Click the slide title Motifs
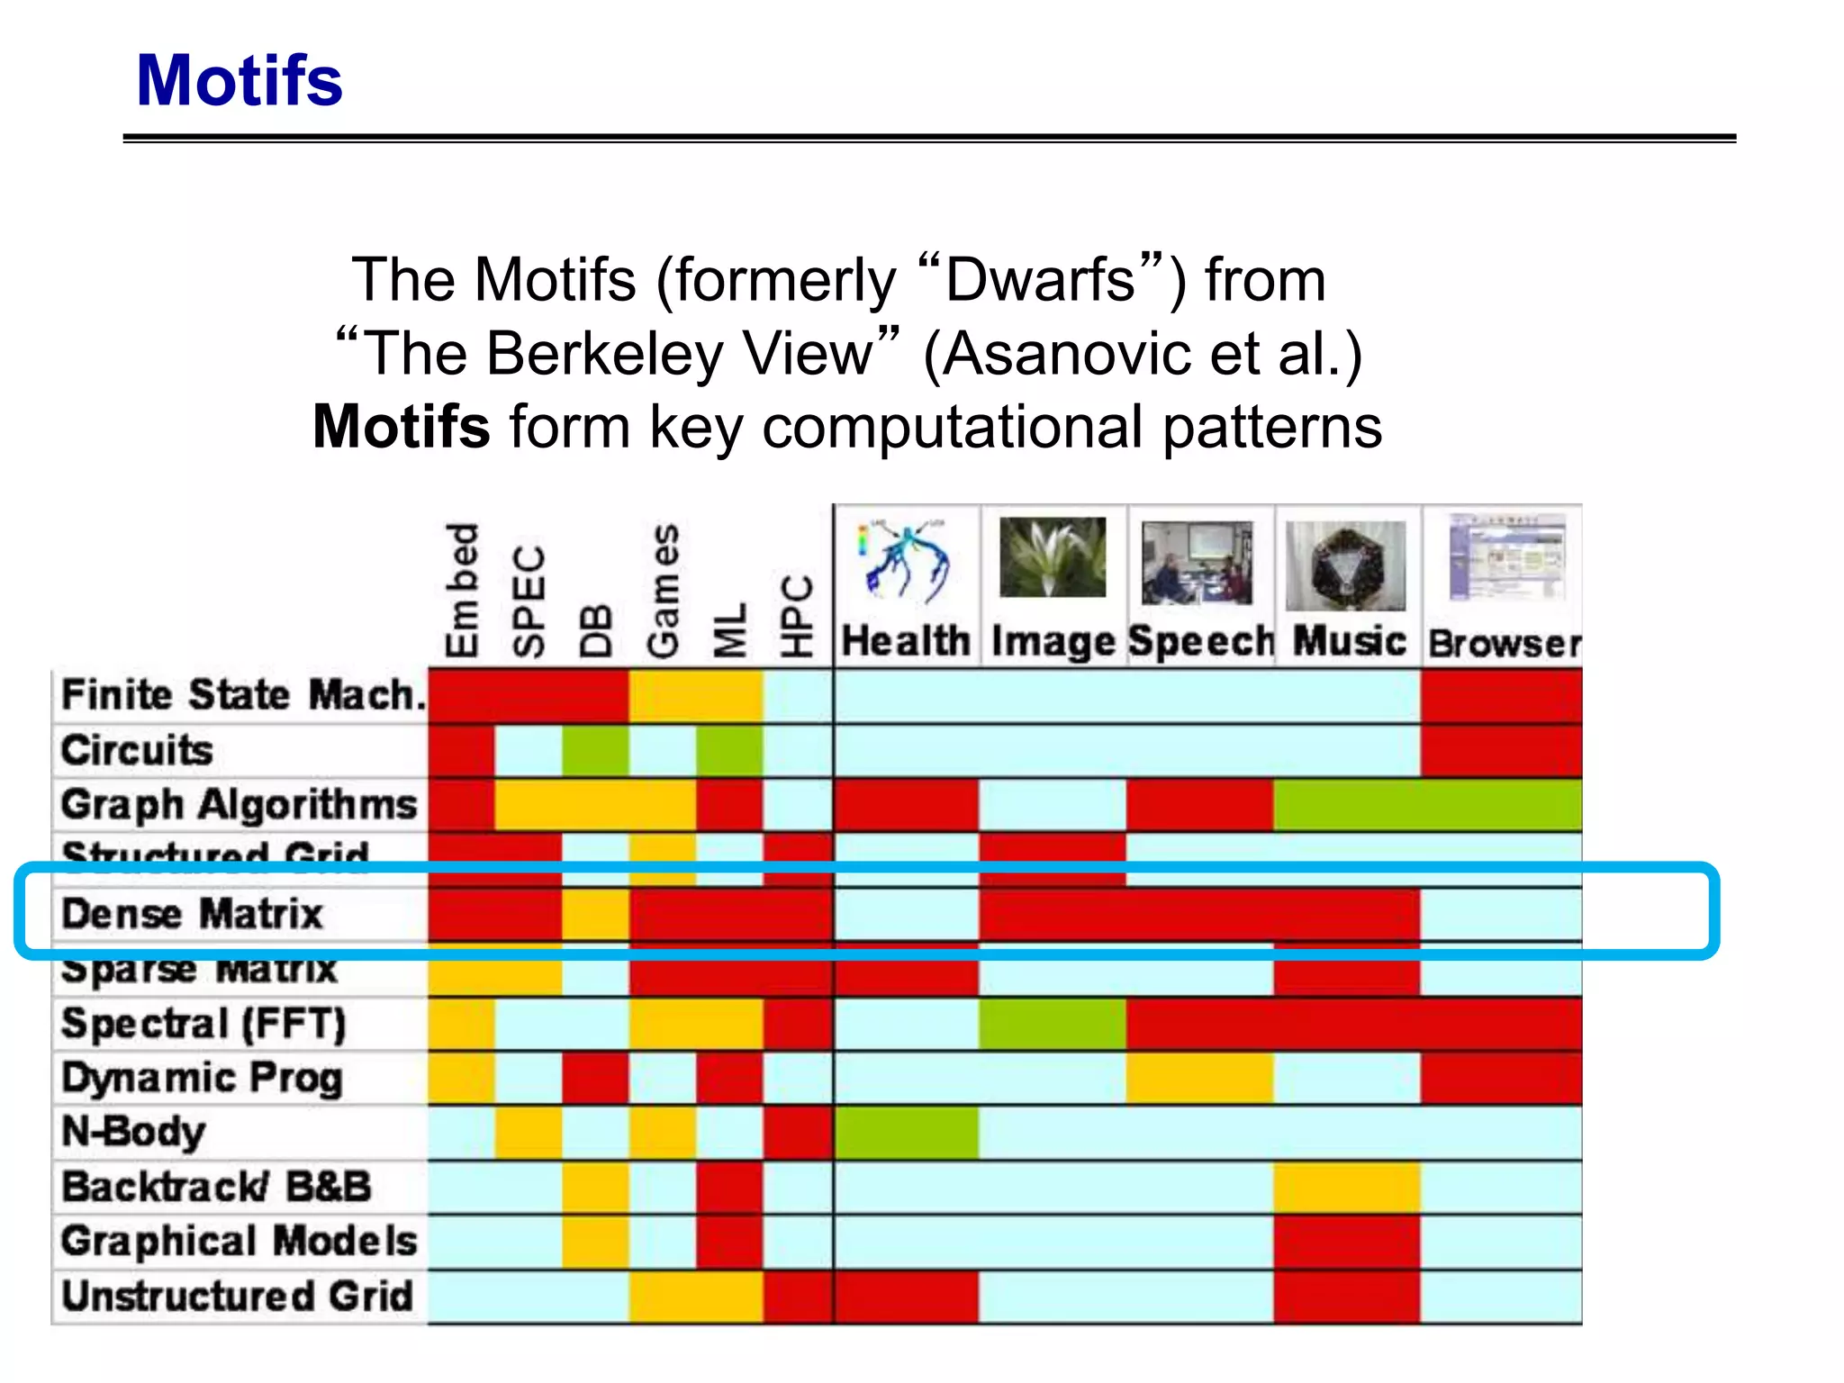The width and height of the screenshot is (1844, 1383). (x=239, y=81)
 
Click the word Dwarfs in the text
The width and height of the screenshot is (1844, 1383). (x=1040, y=280)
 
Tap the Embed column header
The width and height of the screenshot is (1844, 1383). (x=462, y=590)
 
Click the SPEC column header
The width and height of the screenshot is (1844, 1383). (x=529, y=601)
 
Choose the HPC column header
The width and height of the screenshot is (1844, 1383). (x=797, y=617)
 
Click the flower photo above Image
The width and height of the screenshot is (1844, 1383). (x=1053, y=556)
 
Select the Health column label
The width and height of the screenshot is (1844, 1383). (x=906, y=642)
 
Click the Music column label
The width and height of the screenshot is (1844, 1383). (x=1349, y=642)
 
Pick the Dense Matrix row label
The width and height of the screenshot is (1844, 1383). (x=192, y=914)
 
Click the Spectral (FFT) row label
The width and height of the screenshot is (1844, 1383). (x=203, y=1024)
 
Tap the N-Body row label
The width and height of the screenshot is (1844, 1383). (x=133, y=1132)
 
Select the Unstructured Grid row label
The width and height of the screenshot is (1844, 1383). (x=237, y=1297)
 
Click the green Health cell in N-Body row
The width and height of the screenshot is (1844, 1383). (x=906, y=1133)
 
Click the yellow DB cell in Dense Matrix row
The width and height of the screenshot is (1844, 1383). (x=595, y=914)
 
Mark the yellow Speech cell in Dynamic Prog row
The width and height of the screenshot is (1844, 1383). (x=1199, y=1078)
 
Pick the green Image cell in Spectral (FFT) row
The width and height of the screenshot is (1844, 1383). (x=1053, y=1024)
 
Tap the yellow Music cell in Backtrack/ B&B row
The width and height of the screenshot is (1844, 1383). (x=1346, y=1188)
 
